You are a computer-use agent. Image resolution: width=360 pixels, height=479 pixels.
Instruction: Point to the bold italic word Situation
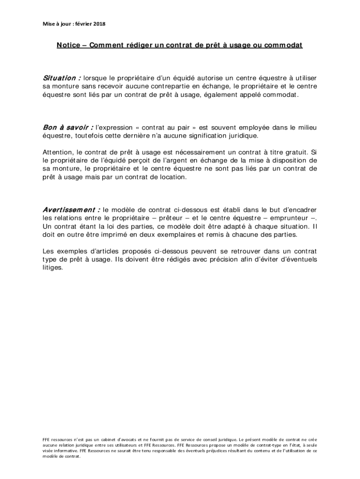pos(59,78)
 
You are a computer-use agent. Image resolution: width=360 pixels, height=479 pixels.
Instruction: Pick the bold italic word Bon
pos(50,127)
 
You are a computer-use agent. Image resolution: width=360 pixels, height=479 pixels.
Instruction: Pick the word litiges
pos(52,268)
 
